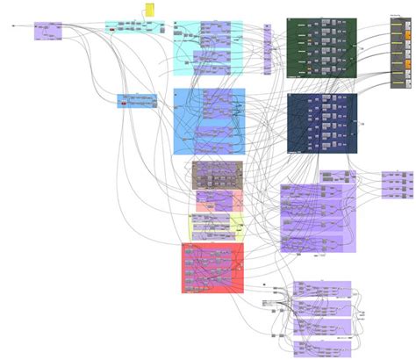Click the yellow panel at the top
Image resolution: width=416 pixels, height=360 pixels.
[x=150, y=9]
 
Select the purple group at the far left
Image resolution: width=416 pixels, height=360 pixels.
[x=47, y=32]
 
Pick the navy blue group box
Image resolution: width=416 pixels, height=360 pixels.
[x=321, y=124]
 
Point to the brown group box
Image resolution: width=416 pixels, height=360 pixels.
[x=217, y=175]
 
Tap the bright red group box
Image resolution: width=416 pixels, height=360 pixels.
[x=212, y=268]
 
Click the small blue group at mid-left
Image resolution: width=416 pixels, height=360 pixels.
[x=137, y=101]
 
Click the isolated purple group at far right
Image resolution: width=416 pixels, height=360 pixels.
[x=396, y=184]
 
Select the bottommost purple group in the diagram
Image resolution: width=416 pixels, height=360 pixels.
[x=322, y=348]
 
